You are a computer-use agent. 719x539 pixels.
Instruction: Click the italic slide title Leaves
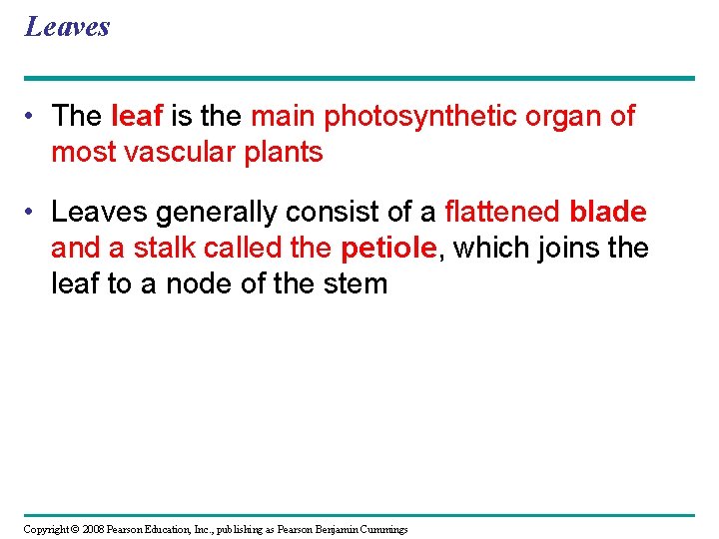pyautogui.click(x=67, y=26)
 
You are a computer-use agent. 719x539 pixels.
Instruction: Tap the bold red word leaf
pyautogui.click(x=138, y=117)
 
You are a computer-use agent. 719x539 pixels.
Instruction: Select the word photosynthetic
pyautogui.click(x=414, y=117)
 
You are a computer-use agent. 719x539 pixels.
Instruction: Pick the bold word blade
pyautogui.click(x=607, y=213)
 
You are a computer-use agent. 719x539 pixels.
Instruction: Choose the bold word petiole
pyautogui.click(x=389, y=249)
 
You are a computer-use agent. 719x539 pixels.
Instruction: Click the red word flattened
pyautogui.click(x=502, y=213)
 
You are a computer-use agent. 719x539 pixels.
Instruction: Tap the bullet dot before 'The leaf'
pyautogui.click(x=33, y=117)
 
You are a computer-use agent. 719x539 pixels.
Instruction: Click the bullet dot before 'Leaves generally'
pyautogui.click(x=33, y=213)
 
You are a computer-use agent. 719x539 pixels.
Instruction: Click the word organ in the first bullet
pyautogui.click(x=567, y=117)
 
